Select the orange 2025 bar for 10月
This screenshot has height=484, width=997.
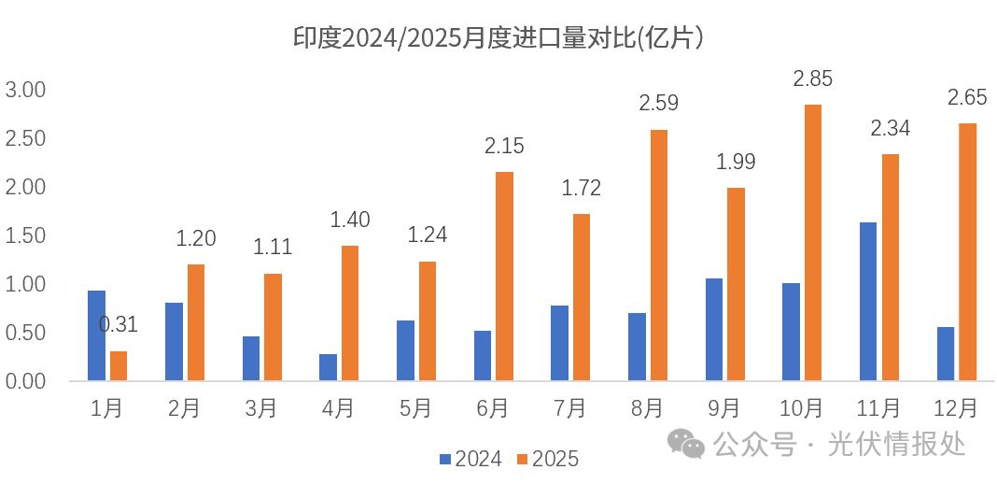[x=813, y=243]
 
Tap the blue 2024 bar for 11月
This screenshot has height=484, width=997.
[x=867, y=301]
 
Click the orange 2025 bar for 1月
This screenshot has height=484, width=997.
[x=119, y=365]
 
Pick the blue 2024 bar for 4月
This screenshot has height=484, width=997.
[x=328, y=367]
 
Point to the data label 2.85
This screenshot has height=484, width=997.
[x=812, y=79]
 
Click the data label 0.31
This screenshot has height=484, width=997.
[x=119, y=325]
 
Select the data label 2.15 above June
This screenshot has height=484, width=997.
[x=504, y=146]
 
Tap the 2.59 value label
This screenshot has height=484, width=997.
[x=658, y=103]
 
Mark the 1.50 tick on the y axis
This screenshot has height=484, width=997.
[x=26, y=235]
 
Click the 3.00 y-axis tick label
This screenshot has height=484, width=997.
[x=26, y=90]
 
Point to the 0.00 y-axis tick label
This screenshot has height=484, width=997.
[x=26, y=381]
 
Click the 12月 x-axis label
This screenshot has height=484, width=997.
[x=955, y=408]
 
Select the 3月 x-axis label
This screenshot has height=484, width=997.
[x=260, y=408]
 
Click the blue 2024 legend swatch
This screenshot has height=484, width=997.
[x=445, y=459]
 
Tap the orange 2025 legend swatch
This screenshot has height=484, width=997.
[x=523, y=459]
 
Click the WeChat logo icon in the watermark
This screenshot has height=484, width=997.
[x=690, y=444]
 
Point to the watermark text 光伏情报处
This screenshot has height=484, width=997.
[x=896, y=444]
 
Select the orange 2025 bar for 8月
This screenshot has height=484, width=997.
[x=659, y=255]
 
